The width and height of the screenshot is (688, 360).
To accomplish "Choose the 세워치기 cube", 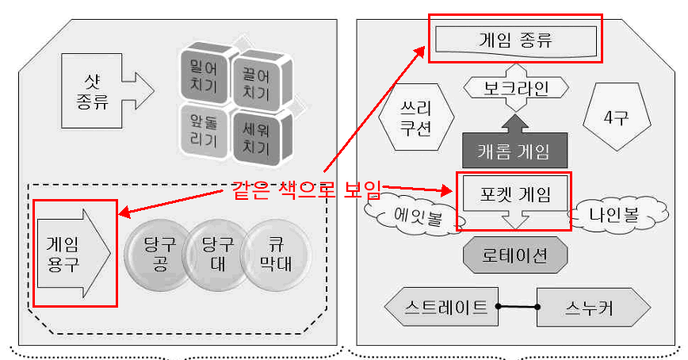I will click(x=256, y=137).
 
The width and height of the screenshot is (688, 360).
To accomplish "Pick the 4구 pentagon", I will click(x=616, y=117).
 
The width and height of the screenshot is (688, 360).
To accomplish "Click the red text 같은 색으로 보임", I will click(x=306, y=190).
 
